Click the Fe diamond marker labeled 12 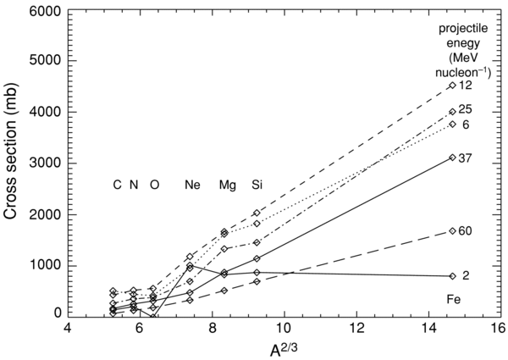tap(453, 86)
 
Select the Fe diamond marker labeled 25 tap(453, 112)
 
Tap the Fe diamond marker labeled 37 tap(453, 158)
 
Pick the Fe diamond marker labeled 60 tap(453, 230)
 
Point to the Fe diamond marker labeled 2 tap(453, 276)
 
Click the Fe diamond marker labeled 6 tap(453, 125)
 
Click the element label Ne tap(192, 185)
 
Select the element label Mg tap(227, 185)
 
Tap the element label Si tap(256, 185)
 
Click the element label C tap(117, 185)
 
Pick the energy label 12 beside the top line tap(466, 86)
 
